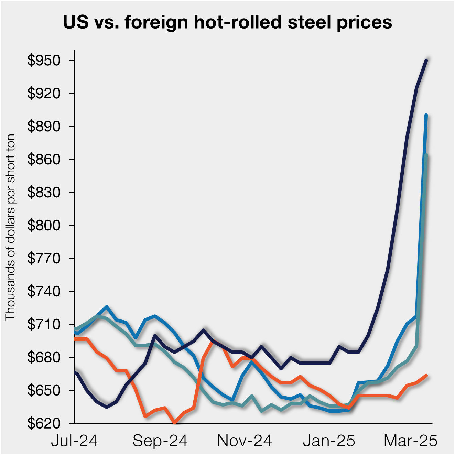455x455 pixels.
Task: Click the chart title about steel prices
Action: pos(227,22)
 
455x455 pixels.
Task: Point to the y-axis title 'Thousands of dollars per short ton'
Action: pos(10,227)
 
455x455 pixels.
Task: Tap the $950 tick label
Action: pos(44,61)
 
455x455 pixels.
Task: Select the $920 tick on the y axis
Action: pos(44,94)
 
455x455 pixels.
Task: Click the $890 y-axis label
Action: pos(44,127)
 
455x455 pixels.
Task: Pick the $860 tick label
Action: pos(44,160)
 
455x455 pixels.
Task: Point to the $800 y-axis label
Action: pos(44,226)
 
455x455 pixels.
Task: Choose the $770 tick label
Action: pos(44,259)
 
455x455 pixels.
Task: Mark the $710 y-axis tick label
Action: pos(44,324)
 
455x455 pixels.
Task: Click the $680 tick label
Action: pos(44,357)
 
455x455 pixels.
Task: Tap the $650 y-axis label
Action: pos(44,390)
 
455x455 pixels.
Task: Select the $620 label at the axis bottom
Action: pos(44,423)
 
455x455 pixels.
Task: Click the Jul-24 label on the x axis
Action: pos(74,441)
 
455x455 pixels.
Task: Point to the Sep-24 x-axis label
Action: pos(160,441)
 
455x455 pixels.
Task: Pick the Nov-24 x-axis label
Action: pos(245,441)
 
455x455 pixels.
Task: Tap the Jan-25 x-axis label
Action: pos(329,441)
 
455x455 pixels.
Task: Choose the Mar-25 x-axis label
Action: pos(411,441)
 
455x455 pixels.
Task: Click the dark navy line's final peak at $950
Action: pos(426,61)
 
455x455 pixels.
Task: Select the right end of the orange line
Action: pos(426,376)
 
